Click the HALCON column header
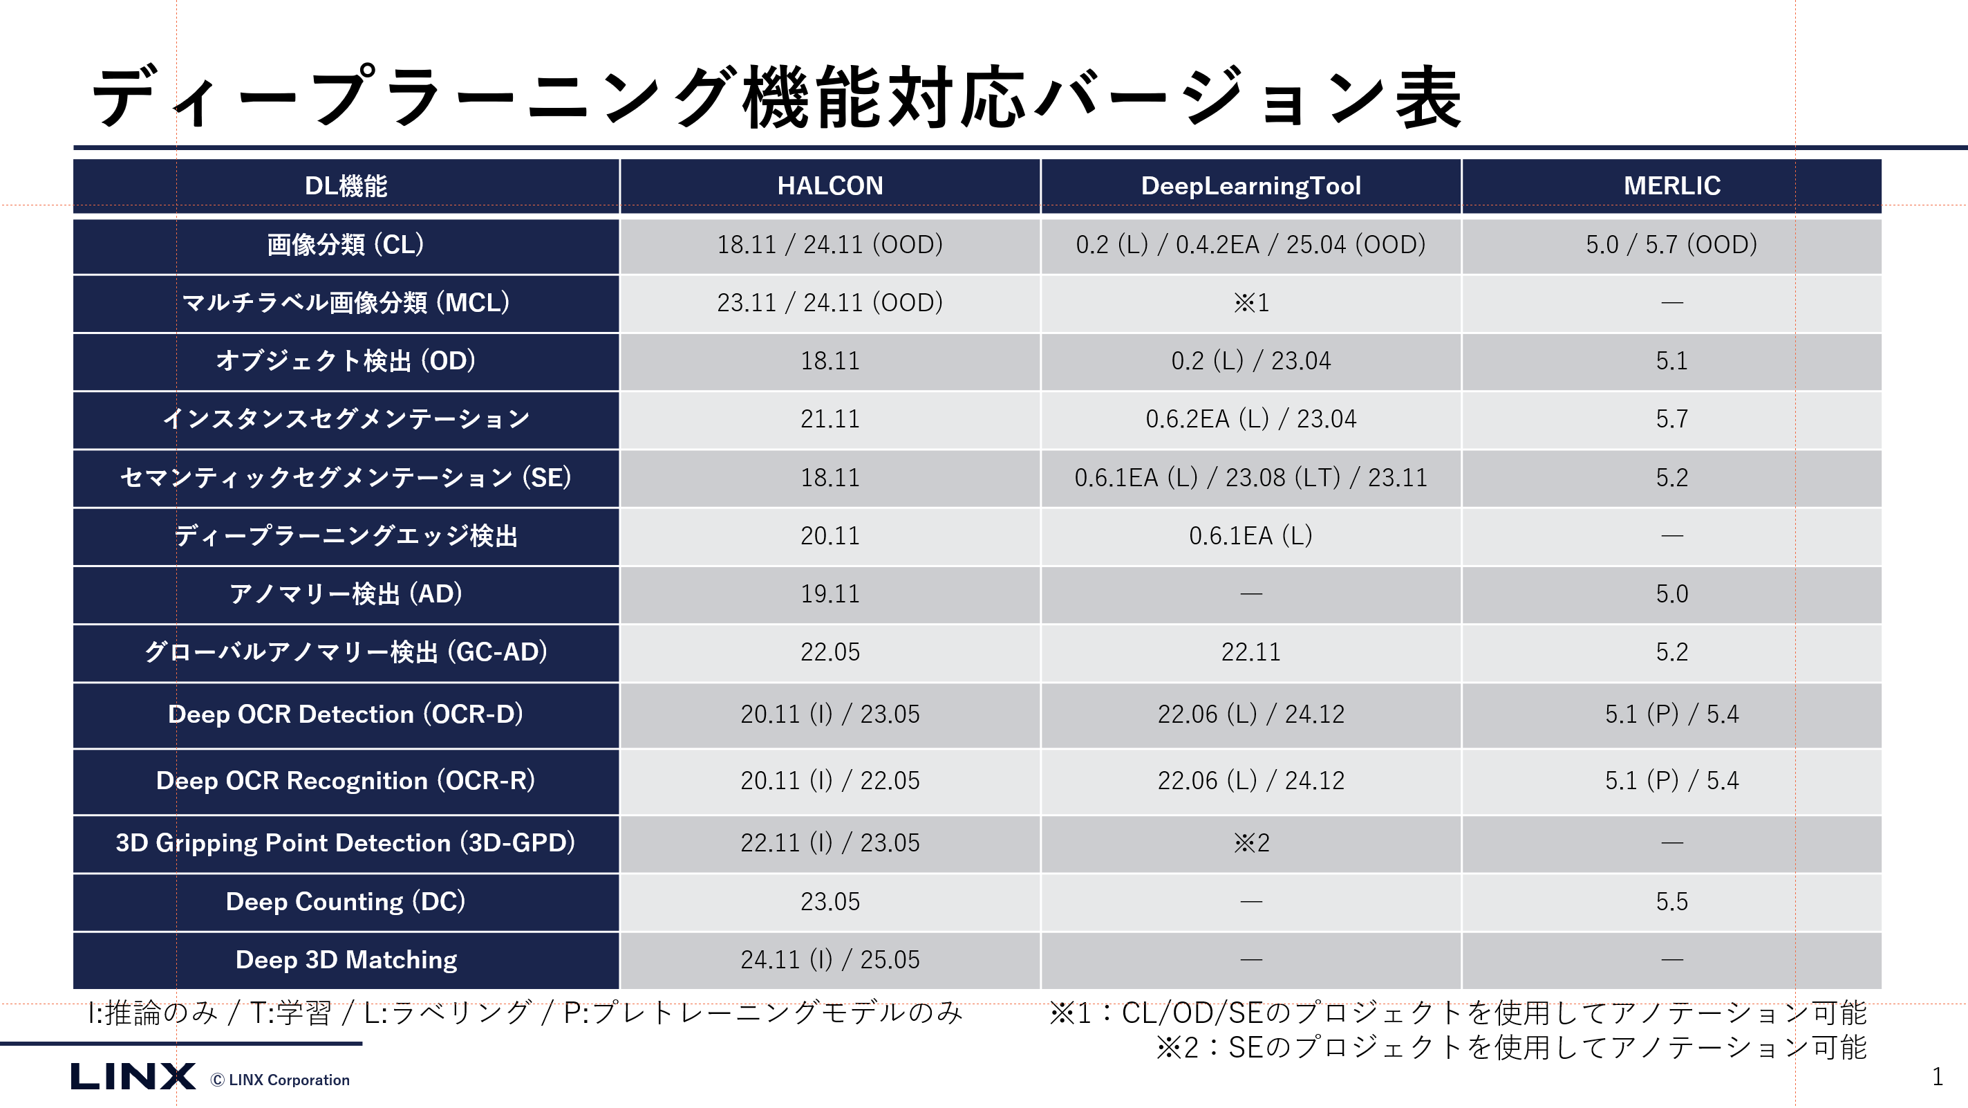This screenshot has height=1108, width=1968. coord(830,185)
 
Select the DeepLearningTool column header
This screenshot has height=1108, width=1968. coord(1250,185)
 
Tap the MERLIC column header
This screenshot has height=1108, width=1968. coord(1671,185)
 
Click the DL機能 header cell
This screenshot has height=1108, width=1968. coord(346,185)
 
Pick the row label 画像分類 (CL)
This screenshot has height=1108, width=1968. coord(346,245)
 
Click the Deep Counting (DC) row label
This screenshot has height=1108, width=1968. coord(346,902)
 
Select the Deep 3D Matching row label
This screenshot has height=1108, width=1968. coord(346,960)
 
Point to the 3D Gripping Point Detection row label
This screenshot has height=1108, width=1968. coord(346,843)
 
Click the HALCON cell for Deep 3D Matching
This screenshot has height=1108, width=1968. coord(830,960)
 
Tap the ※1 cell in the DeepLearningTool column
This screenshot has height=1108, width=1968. coord(1250,303)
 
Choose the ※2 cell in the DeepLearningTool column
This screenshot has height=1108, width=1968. coord(1250,843)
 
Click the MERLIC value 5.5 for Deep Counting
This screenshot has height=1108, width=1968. coord(1671,902)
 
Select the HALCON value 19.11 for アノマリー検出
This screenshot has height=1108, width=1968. coord(830,593)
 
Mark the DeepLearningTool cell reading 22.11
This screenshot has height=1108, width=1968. coord(1250,652)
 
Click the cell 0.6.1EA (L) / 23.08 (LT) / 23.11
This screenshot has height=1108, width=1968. coord(1250,478)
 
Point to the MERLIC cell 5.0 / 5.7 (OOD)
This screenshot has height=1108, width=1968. coord(1671,245)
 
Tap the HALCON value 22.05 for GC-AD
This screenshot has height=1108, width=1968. coord(830,652)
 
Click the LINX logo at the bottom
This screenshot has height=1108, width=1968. coord(133,1077)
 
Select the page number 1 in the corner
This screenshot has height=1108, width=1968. coord(1937,1077)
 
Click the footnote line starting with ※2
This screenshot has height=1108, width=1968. coord(1511,1048)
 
